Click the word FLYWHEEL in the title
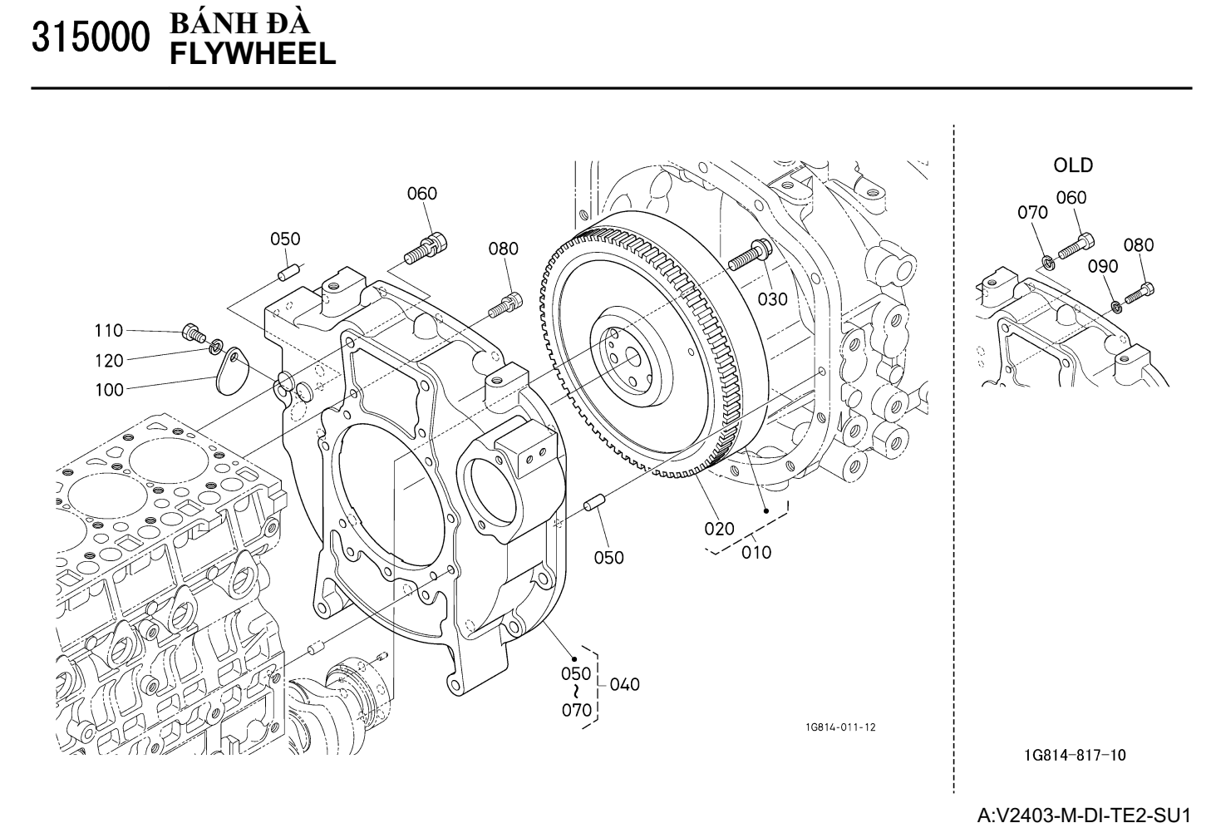[x=253, y=55]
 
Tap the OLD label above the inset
[x=1073, y=165]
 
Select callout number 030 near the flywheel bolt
[x=772, y=298]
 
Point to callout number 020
[x=720, y=528]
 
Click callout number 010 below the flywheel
[x=756, y=551]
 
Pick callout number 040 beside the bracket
[x=625, y=684]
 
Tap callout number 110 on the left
[x=108, y=331]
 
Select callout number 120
[x=108, y=361]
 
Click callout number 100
[x=109, y=389]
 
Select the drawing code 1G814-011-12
[x=839, y=727]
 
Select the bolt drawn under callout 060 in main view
[x=428, y=246]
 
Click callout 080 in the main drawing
[x=503, y=249]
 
